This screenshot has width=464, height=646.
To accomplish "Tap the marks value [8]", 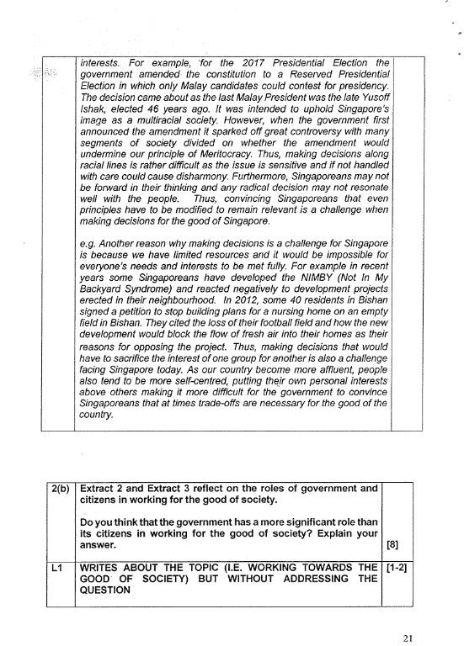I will click(x=392, y=544).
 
